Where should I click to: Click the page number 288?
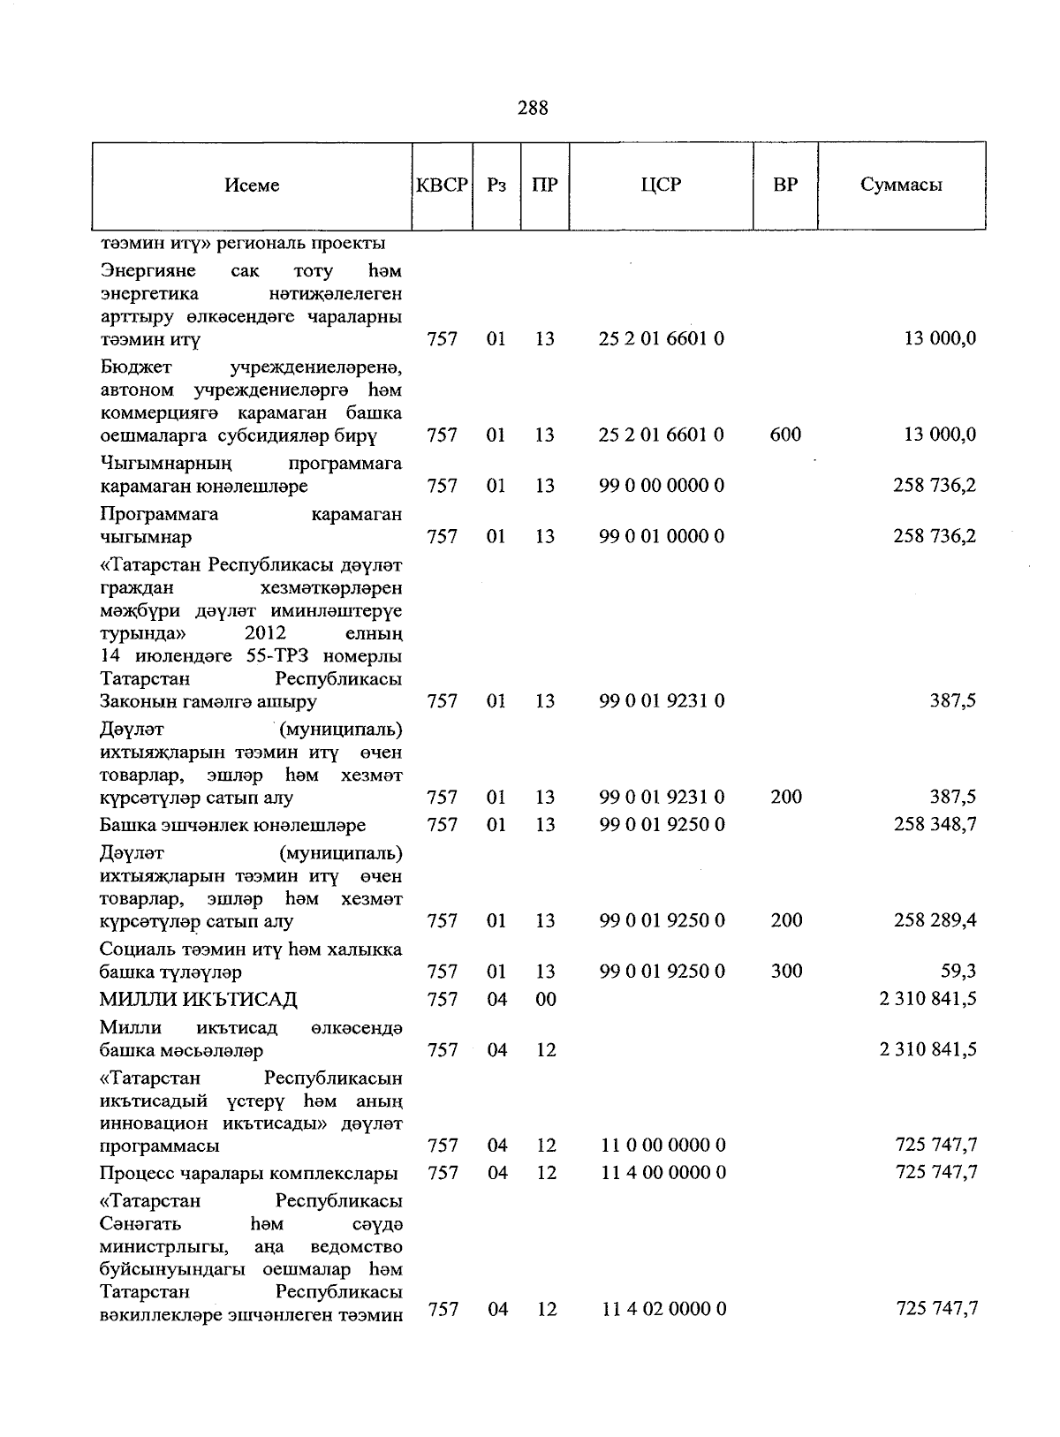pyautogui.click(x=533, y=108)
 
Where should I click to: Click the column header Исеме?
pyautogui.click(x=252, y=185)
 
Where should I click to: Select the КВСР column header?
pyautogui.click(x=442, y=185)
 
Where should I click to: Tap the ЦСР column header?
pyautogui.click(x=661, y=185)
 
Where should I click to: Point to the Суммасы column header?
pyautogui.click(x=901, y=185)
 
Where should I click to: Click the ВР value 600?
pyautogui.click(x=785, y=435)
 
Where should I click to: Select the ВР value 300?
pyautogui.click(x=786, y=972)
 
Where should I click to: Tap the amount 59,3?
pyautogui.click(x=958, y=972)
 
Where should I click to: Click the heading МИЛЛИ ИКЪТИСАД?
pyautogui.click(x=198, y=999)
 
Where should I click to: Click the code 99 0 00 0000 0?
pyautogui.click(x=662, y=486)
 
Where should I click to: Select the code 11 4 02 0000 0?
pyautogui.click(x=664, y=1309)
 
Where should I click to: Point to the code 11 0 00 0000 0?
pyautogui.click(x=664, y=1146)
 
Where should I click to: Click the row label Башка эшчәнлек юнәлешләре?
pyautogui.click(x=232, y=825)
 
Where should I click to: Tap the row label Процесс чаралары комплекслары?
pyautogui.click(x=248, y=1173)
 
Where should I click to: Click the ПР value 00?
pyautogui.click(x=546, y=999)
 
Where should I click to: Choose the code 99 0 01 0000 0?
pyautogui.click(x=662, y=536)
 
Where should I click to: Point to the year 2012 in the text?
pyautogui.click(x=265, y=633)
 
